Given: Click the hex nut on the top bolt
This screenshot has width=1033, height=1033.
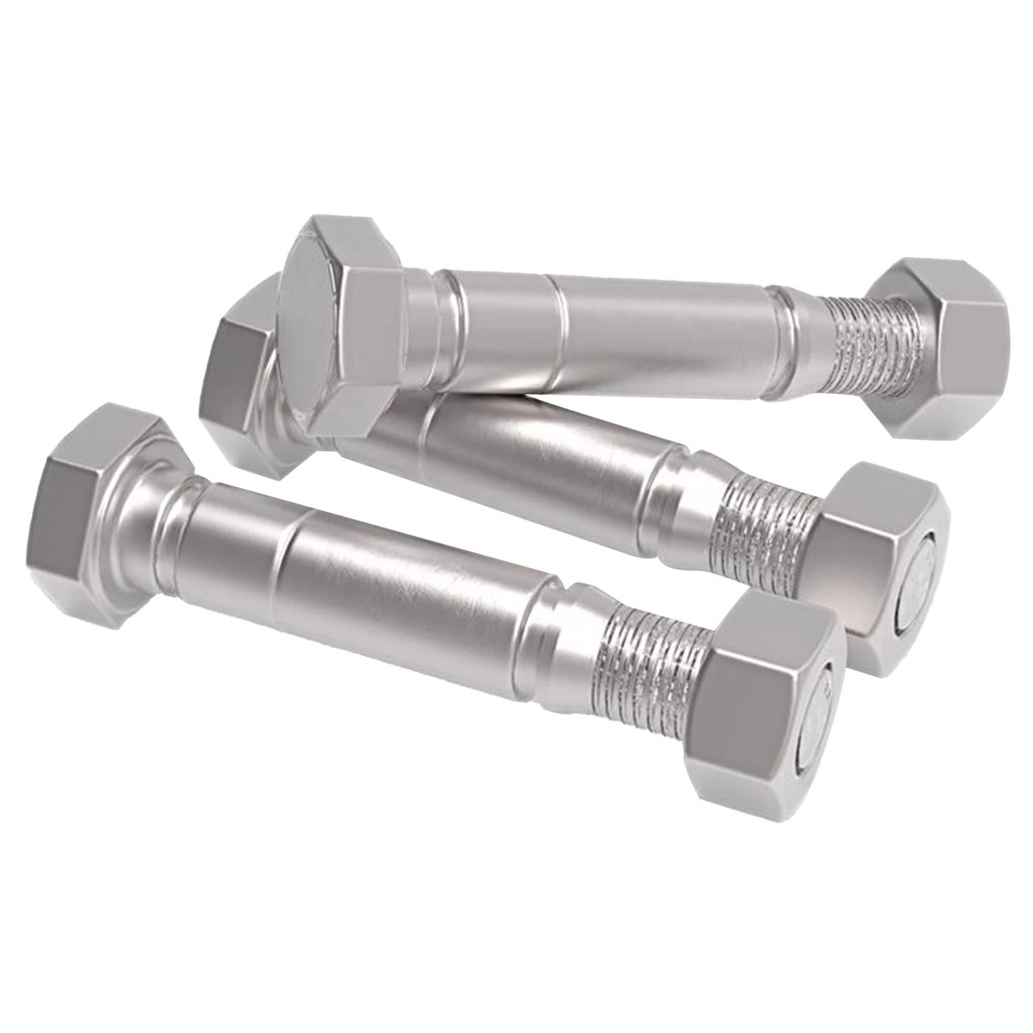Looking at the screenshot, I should click(943, 344).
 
